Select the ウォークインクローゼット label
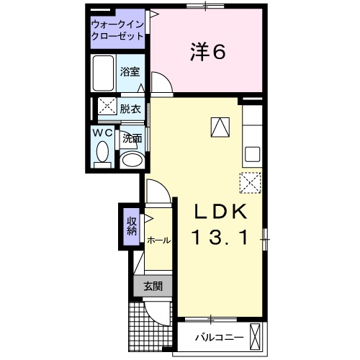click(117, 30)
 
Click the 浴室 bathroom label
click(130, 72)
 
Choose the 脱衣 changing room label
click(130, 109)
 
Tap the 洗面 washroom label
click(130, 138)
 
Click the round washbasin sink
click(130, 159)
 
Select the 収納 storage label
click(132, 227)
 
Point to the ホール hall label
click(158, 240)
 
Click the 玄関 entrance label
click(152, 286)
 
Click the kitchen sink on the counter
click(253, 153)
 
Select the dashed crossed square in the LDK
click(249, 184)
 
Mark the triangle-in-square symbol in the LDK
click(219, 127)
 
